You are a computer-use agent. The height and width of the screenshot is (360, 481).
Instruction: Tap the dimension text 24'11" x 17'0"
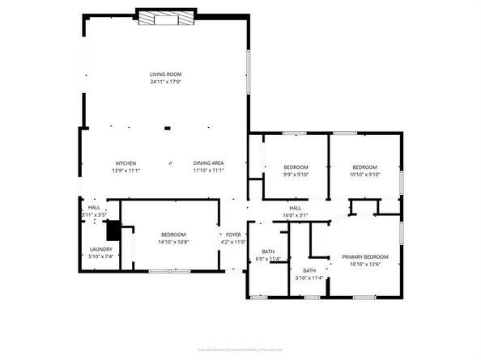(164, 82)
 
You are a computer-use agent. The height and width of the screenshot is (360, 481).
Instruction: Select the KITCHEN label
(126, 163)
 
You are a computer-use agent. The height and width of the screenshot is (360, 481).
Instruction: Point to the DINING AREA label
(208, 163)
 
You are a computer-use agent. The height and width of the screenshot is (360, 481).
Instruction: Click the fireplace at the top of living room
(164, 17)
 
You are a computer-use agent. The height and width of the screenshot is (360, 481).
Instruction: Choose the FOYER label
(233, 235)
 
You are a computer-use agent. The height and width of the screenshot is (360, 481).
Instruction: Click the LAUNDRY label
(100, 249)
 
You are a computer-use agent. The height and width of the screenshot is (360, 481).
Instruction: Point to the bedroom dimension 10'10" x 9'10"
(364, 174)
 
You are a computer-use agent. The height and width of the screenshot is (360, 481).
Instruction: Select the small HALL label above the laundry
(93, 208)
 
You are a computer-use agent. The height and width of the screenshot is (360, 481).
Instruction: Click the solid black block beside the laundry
(114, 231)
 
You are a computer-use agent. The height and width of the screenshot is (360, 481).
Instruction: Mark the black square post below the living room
(167, 128)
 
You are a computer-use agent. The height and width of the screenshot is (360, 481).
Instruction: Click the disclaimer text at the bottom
(240, 349)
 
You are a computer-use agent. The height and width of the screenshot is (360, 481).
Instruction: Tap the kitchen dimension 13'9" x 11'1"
(126, 171)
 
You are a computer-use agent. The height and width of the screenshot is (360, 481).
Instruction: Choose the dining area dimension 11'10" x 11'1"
(208, 171)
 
